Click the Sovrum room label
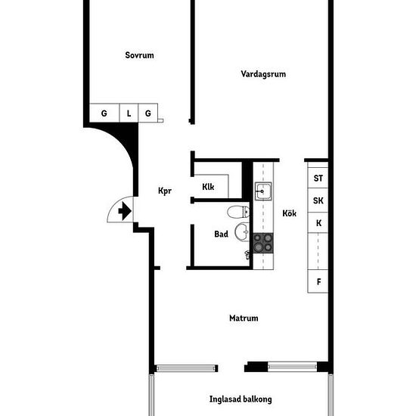pyautogui.click(x=139, y=55)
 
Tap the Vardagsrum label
pyautogui.click(x=263, y=74)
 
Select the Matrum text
pyautogui.click(x=244, y=318)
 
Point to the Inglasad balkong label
pyautogui.click(x=241, y=399)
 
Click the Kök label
pyautogui.click(x=289, y=213)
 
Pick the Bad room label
pyautogui.click(x=221, y=234)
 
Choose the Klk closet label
pyautogui.click(x=208, y=187)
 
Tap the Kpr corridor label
pyautogui.click(x=165, y=191)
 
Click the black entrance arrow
pyautogui.click(x=125, y=211)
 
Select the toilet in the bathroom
pyautogui.click(x=238, y=212)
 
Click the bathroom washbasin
pyautogui.click(x=242, y=232)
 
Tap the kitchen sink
pyautogui.click(x=263, y=191)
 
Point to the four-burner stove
pyautogui.click(x=263, y=243)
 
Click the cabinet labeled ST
pyautogui.click(x=318, y=178)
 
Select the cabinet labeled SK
pyautogui.click(x=318, y=200)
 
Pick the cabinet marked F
pyautogui.click(x=318, y=281)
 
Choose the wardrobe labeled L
pyautogui.click(x=129, y=113)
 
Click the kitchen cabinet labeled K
pyautogui.click(x=318, y=223)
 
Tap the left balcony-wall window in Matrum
pyautogui.click(x=185, y=368)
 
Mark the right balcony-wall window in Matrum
pyautogui.click(x=293, y=367)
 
